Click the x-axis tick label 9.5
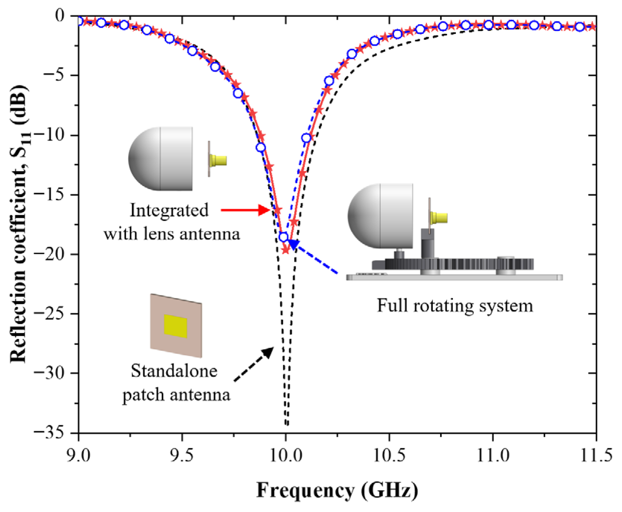coord(182,455)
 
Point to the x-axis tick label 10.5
coord(389,455)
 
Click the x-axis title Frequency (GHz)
coord(337,491)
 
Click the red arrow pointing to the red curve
coord(245,210)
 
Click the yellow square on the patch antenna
coord(175,326)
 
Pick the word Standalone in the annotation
coord(174,371)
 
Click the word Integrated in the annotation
coord(169,210)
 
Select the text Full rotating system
coord(455,306)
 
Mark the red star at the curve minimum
coord(286,250)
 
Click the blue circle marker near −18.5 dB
coord(283,237)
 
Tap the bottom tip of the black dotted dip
coord(287,424)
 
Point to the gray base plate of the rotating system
coord(454,277)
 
